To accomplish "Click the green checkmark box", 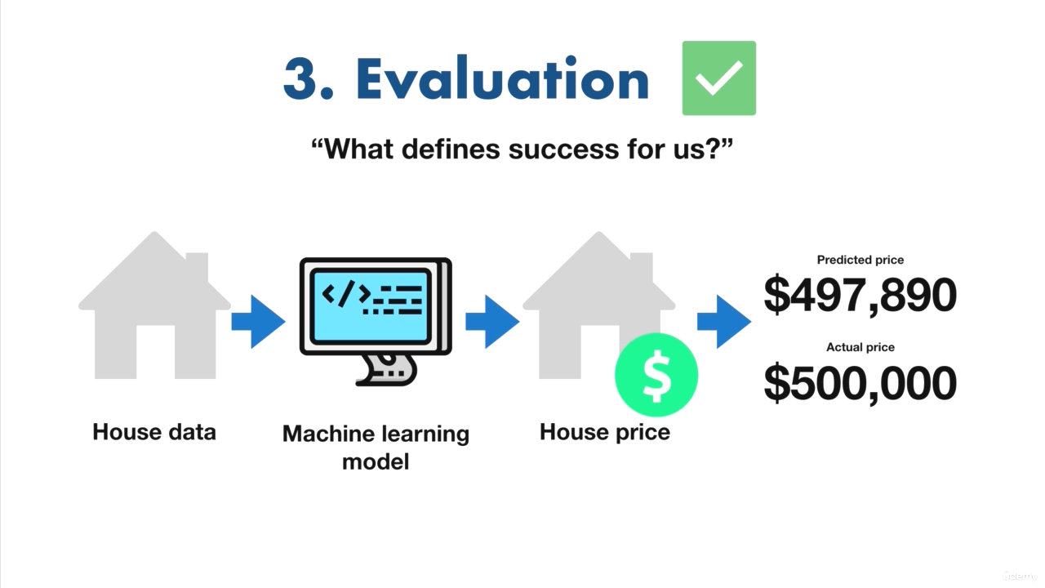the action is point(719,78).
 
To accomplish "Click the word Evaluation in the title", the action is point(503,78).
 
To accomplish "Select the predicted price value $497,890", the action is point(860,295).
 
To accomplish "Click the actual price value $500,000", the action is point(860,383).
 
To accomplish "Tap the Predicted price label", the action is point(860,260).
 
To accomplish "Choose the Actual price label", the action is point(860,347).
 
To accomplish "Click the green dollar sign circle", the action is point(656,375).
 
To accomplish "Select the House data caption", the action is point(154,432).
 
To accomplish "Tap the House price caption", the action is point(605,432).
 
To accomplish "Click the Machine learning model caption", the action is point(376,448).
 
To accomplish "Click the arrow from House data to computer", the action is point(259,322).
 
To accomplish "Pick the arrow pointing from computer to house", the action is point(492,322).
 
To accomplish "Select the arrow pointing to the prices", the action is point(724,322).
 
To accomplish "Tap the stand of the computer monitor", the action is point(386,370).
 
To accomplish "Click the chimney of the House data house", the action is point(198,266).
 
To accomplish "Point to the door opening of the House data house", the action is point(155,352).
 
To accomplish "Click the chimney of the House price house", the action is point(642,266).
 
